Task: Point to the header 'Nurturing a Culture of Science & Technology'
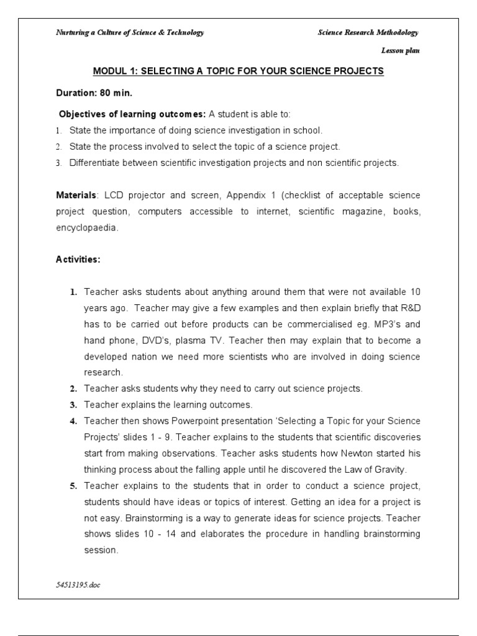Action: (x=130, y=32)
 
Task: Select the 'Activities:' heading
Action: (x=78, y=260)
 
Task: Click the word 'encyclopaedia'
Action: (x=86, y=228)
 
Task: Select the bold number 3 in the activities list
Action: (x=73, y=405)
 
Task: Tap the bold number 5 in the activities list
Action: (x=73, y=486)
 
